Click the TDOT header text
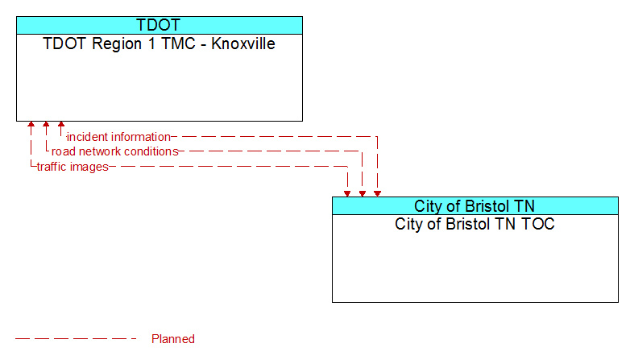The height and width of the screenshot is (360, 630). pyautogui.click(x=158, y=25)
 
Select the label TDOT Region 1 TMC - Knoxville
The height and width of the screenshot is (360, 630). pyautogui.click(x=159, y=43)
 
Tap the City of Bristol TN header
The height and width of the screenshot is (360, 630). pyautogui.click(x=475, y=206)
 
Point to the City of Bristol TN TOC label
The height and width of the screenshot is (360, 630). pyautogui.click(x=475, y=224)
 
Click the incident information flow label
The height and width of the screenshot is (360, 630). pyautogui.click(x=118, y=137)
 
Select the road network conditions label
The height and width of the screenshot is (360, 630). pyautogui.click(x=115, y=151)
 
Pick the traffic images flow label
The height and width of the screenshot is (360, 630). pyautogui.click(x=73, y=167)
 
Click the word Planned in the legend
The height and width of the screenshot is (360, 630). pyautogui.click(x=173, y=339)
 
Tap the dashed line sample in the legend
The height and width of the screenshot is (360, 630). pyautogui.click(x=76, y=339)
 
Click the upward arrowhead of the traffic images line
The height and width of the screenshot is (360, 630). pyautogui.click(x=31, y=125)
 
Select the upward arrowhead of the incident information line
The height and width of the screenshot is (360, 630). pyautogui.click(x=61, y=125)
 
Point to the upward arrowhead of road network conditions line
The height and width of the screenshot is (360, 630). pyautogui.click(x=46, y=125)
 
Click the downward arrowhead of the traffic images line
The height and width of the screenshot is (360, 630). pyautogui.click(x=347, y=193)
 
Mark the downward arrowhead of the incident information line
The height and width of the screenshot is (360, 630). pyautogui.click(x=377, y=193)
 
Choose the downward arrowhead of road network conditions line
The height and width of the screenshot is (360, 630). pyautogui.click(x=363, y=193)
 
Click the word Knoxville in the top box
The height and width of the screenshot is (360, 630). pyautogui.click(x=243, y=43)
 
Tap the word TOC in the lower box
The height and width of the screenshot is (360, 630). pyautogui.click(x=538, y=224)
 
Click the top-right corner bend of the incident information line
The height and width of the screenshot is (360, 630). pyautogui.click(x=377, y=137)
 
